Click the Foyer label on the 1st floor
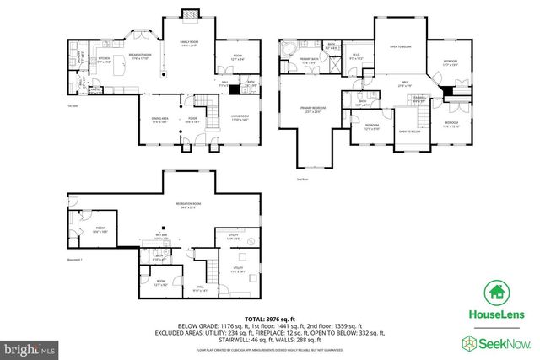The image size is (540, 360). [192, 120]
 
